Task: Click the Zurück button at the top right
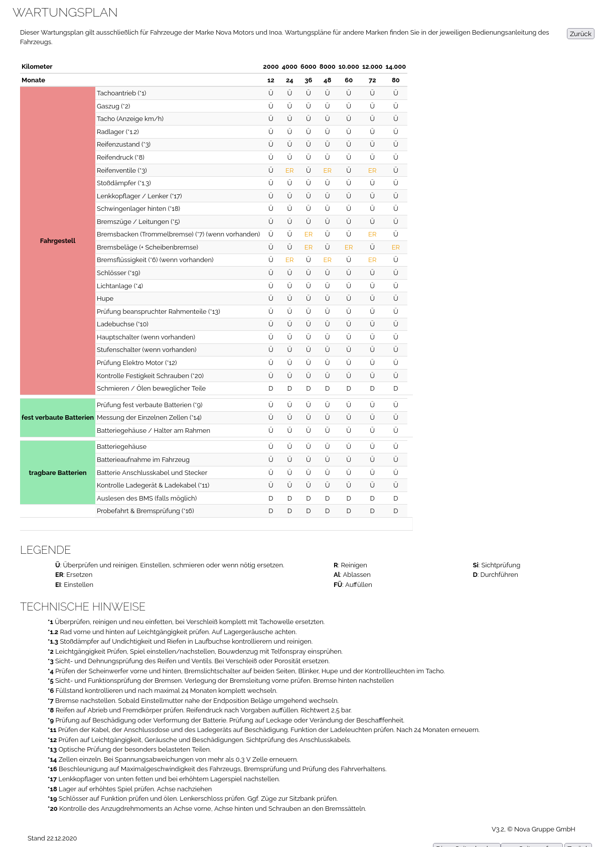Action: point(580,34)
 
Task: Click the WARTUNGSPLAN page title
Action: point(65,13)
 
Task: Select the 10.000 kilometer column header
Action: point(349,67)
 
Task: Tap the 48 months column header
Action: point(327,80)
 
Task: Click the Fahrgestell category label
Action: point(58,241)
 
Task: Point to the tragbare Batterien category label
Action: point(58,473)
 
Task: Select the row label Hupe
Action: point(105,299)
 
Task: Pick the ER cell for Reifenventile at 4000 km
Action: point(289,171)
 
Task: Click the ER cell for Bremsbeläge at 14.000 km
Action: point(396,248)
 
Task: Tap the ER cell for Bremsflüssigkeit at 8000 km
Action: point(327,260)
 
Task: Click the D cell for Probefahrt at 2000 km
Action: point(271,511)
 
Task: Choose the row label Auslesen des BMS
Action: point(146,499)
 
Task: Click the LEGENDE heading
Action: point(46,550)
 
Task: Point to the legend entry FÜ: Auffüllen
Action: point(353,585)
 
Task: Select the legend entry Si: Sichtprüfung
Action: point(496,565)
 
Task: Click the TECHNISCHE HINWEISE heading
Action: point(83,607)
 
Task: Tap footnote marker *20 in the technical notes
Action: point(53,809)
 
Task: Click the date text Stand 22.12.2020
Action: point(52,838)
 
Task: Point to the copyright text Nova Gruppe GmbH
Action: point(544,829)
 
